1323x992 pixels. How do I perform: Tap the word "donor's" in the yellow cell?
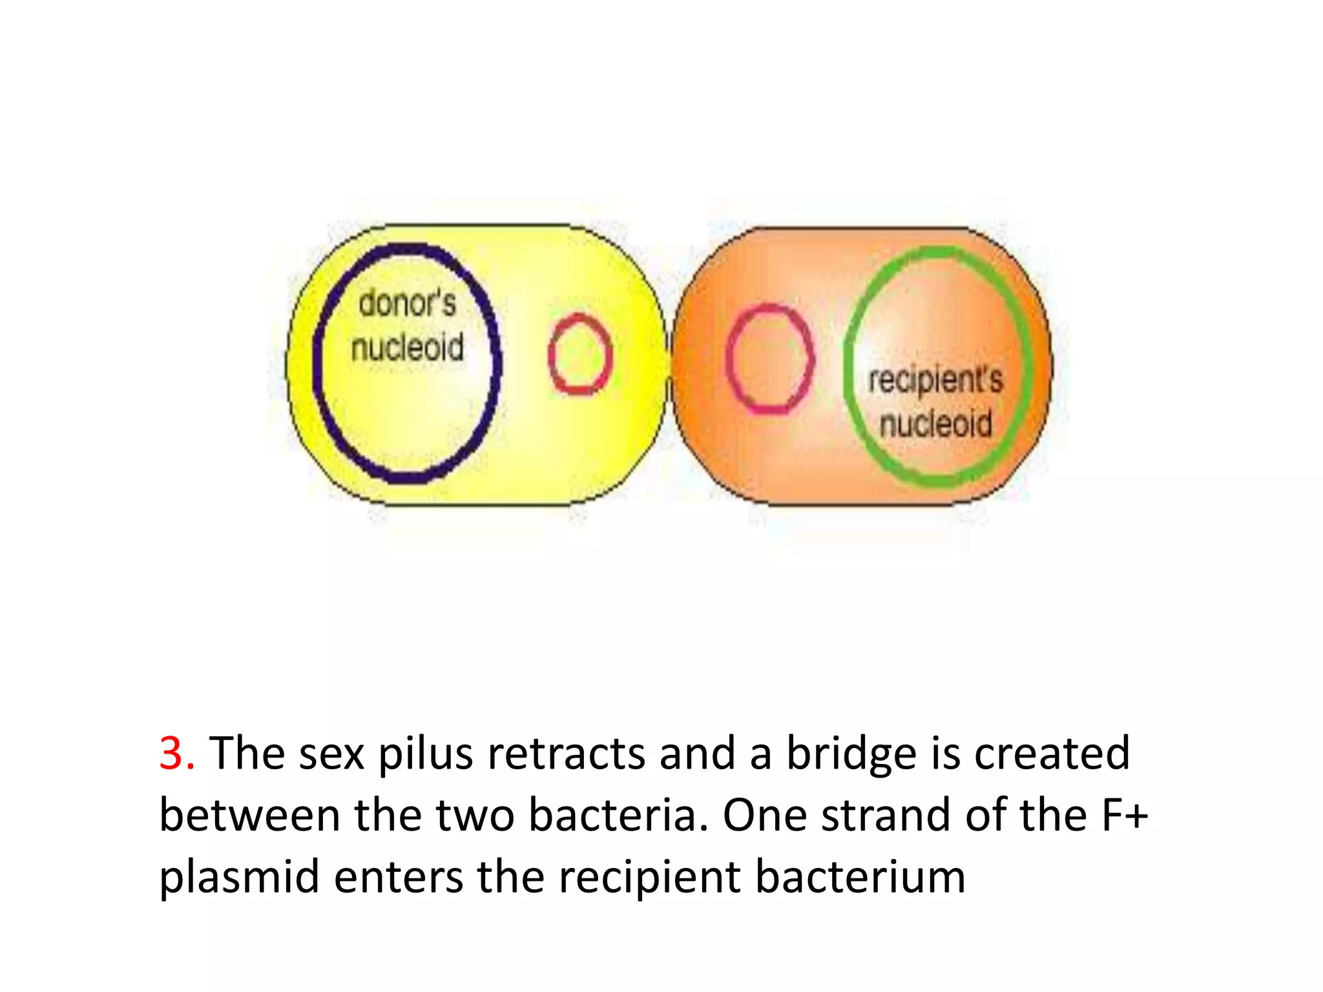[408, 304]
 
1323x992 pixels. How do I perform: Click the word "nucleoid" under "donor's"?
[408, 347]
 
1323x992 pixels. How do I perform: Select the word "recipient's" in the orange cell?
[935, 380]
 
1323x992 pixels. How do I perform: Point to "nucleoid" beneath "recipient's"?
[936, 424]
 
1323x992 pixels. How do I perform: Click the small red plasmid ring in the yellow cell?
[580, 354]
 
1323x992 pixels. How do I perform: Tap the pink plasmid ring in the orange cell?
[769, 358]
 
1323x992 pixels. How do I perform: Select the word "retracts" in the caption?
[566, 753]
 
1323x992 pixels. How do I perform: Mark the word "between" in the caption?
[249, 815]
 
